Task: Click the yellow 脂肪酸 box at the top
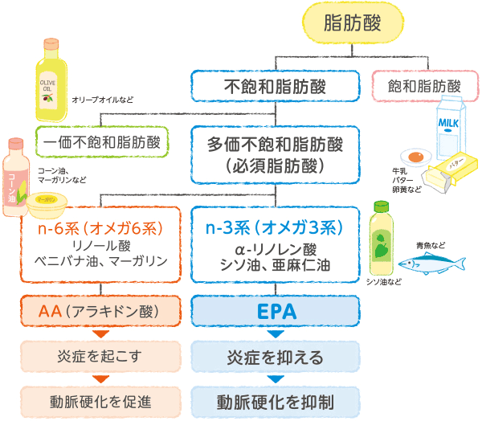(353, 22)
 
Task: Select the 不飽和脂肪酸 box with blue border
(275, 86)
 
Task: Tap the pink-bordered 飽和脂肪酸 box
(425, 86)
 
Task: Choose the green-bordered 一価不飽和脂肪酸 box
(102, 142)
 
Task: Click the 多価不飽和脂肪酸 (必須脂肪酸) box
(275, 155)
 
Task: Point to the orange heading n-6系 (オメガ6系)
(100, 228)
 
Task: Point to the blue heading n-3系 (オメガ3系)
(274, 228)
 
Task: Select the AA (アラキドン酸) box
(100, 311)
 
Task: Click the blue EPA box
(275, 311)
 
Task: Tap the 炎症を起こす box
(100, 357)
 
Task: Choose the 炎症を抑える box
(275, 357)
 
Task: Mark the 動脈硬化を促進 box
(100, 402)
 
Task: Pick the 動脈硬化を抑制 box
(275, 402)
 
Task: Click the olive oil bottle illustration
(51, 80)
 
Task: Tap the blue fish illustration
(432, 263)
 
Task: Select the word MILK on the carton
(448, 123)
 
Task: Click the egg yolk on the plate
(415, 157)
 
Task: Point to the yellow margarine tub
(47, 205)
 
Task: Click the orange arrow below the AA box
(100, 334)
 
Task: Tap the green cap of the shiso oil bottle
(381, 206)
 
